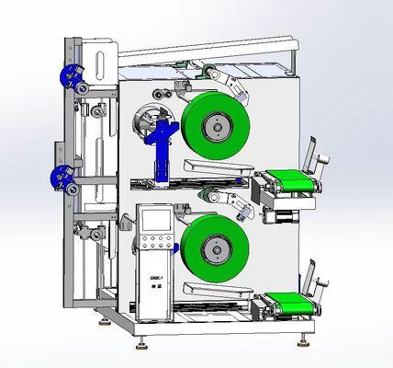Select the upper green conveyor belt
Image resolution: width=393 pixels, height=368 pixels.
292,180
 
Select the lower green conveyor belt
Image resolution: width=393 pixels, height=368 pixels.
291,302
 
